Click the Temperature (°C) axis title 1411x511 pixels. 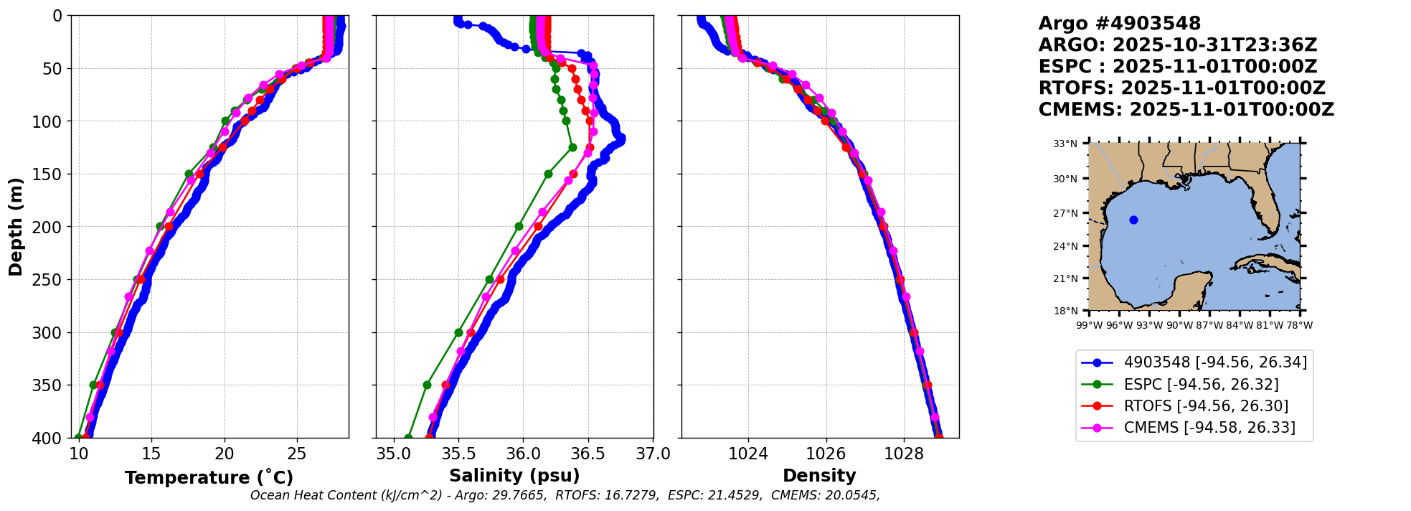point(209,478)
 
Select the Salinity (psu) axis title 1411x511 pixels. point(514,476)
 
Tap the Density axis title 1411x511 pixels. point(819,476)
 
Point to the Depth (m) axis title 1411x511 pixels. point(16,227)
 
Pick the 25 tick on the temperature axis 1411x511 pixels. point(297,454)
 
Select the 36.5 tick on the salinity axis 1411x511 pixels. point(588,454)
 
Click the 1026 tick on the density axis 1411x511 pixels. point(826,454)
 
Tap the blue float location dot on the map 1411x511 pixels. point(1133,220)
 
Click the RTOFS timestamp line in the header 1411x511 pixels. point(1181,88)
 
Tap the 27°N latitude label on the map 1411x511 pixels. point(1065,213)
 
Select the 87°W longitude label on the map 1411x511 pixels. point(1209,325)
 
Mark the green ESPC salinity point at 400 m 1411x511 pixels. point(408,437)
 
